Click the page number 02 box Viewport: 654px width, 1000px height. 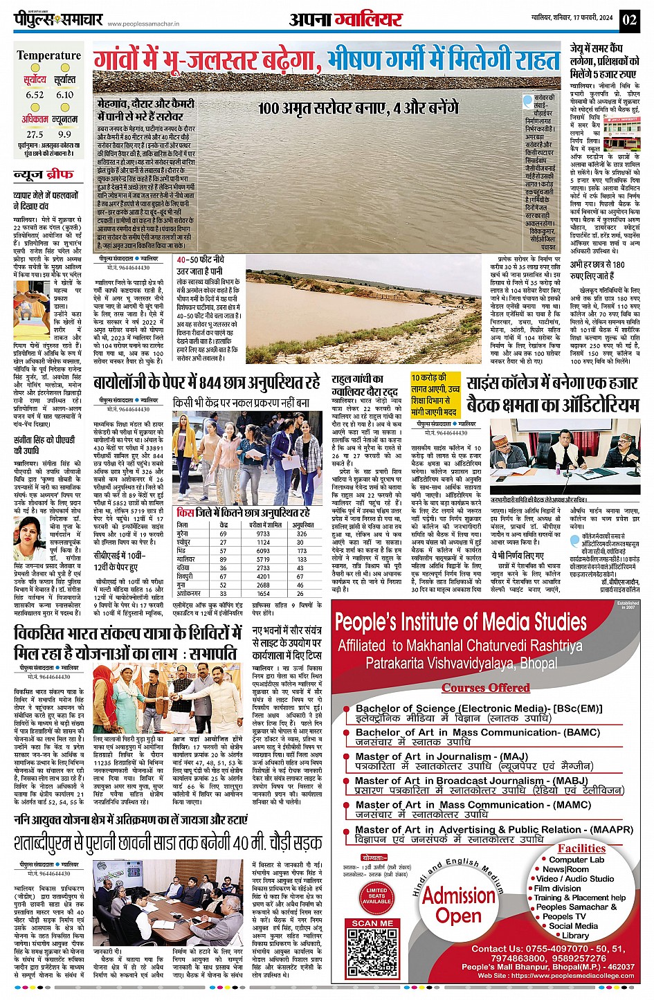pyautogui.click(x=629, y=19)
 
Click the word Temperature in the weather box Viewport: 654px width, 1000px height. pyautogui.click(x=48, y=55)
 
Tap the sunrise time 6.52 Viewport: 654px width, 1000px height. pyautogui.click(x=35, y=95)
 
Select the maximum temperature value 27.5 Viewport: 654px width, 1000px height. pyautogui.click(x=35, y=134)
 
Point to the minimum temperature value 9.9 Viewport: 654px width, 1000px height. pyautogui.click(x=65, y=134)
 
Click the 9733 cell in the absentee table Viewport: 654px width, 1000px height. pyautogui.click(x=263, y=534)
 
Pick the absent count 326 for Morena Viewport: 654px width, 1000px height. pyautogui.click(x=302, y=534)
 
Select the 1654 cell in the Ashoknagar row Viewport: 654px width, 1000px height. pyautogui.click(x=263, y=594)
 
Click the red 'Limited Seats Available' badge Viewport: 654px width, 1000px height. pyautogui.click(x=376, y=896)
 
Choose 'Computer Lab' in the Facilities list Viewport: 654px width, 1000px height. pyautogui.click(x=576, y=860)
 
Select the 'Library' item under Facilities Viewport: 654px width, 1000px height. pyautogui.click(x=575, y=935)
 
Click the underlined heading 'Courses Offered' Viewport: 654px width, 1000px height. pyautogui.click(x=486, y=687)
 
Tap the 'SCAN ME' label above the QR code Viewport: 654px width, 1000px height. pyautogui.click(x=372, y=922)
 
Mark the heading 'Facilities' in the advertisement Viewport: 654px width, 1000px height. pyautogui.click(x=581, y=848)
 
